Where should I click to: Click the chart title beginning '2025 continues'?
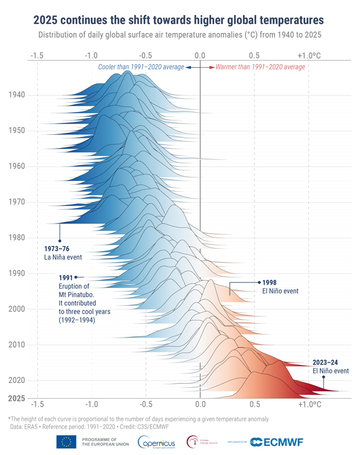[x=180, y=19]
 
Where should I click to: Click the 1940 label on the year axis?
[x=17, y=95]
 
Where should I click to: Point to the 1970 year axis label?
[x=17, y=202]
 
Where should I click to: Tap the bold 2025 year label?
[x=17, y=398]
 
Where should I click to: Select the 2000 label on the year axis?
[x=17, y=309]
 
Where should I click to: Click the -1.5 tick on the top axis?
[x=37, y=56]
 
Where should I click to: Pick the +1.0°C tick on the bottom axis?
[x=309, y=405]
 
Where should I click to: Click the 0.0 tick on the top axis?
[x=200, y=56]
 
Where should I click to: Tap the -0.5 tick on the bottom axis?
[x=145, y=405]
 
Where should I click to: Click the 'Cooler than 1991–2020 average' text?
[x=140, y=67]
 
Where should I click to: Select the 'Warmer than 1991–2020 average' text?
[x=260, y=67]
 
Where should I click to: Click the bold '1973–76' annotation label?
[x=57, y=248]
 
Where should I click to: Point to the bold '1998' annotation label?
[x=269, y=282]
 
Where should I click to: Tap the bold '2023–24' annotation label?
[x=325, y=363]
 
